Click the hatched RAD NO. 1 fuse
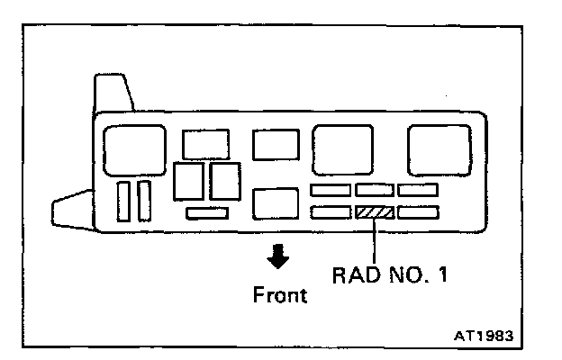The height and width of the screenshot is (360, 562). click(x=374, y=212)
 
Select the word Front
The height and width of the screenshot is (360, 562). click(x=279, y=295)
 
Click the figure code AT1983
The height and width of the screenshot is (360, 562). click(x=483, y=336)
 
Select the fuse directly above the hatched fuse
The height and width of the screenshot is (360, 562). click(x=374, y=190)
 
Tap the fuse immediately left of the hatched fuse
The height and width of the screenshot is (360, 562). click(x=331, y=212)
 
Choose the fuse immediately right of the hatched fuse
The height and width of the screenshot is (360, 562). click(x=418, y=212)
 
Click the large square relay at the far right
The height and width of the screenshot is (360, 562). click(x=440, y=149)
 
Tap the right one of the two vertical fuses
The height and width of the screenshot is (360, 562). click(x=144, y=201)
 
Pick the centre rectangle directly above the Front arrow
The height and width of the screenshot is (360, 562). click(x=275, y=203)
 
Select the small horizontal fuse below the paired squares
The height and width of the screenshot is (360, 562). click(x=208, y=212)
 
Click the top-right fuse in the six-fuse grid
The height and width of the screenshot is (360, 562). click(x=418, y=190)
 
